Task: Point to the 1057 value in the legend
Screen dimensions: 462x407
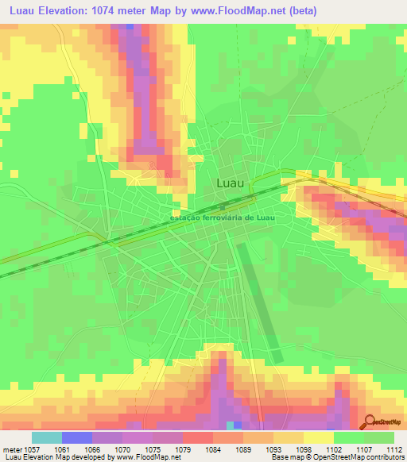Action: pos(33,449)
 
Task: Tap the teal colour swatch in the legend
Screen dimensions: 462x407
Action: pos(47,437)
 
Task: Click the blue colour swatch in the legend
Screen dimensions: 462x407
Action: pos(77,437)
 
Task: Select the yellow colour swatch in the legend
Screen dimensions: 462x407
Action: pos(318,437)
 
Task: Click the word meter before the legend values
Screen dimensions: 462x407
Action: pos(11,449)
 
